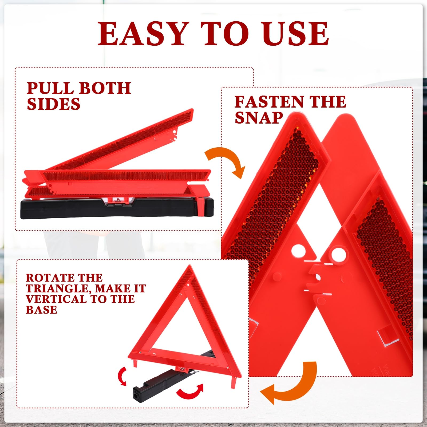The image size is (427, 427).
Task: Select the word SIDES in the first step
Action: (53, 104)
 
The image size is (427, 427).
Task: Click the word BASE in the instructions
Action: (41, 310)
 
